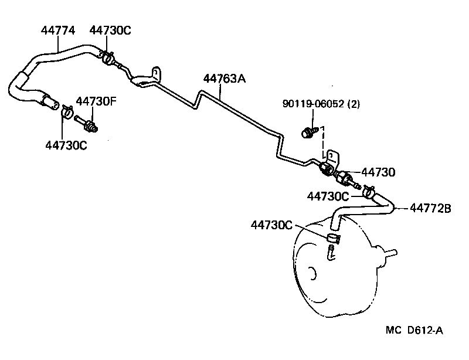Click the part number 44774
tap(57, 30)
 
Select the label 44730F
tap(96, 101)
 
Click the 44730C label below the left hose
tap(66, 144)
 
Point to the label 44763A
tap(224, 78)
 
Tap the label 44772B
tap(430, 207)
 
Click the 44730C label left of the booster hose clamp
tap(328, 196)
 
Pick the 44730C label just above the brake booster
tap(271, 225)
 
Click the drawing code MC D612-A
tap(414, 331)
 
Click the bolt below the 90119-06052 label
tap(307, 132)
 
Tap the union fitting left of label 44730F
tap(90, 125)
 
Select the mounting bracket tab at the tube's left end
tap(155, 74)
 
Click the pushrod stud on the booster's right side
tap(390, 254)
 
